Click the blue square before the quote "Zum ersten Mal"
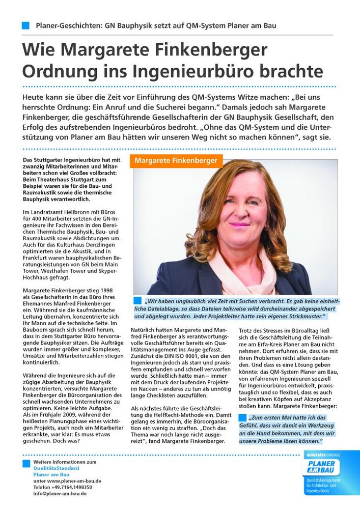242,417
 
